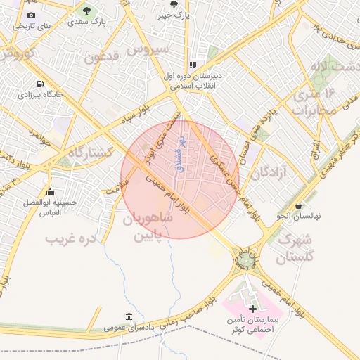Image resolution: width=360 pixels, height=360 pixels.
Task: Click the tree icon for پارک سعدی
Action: pyautogui.click(x=86, y=11)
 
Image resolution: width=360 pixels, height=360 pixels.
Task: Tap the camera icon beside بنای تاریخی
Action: pyautogui.click(x=31, y=15)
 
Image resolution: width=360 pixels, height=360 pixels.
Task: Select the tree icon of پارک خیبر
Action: pyautogui.click(x=173, y=4)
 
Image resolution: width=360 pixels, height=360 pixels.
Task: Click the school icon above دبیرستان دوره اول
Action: pyautogui.click(x=193, y=65)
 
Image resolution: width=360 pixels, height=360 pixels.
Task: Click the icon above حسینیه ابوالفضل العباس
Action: pyautogui.click(x=49, y=192)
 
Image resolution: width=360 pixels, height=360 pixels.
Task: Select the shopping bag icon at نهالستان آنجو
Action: pyautogui.click(x=300, y=205)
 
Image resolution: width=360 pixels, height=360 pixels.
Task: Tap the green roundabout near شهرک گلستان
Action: pyautogui.click(x=245, y=261)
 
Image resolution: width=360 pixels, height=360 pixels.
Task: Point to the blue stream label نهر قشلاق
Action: pyautogui.click(x=179, y=155)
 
